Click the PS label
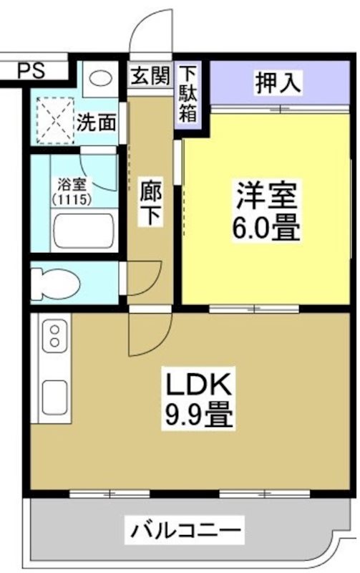[x=30, y=70]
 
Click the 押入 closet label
[x=278, y=82]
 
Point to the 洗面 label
[x=97, y=122]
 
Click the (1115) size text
[x=71, y=199]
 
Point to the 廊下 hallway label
[x=150, y=204]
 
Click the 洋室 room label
[x=266, y=193]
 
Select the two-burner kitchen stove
[x=54, y=337]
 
